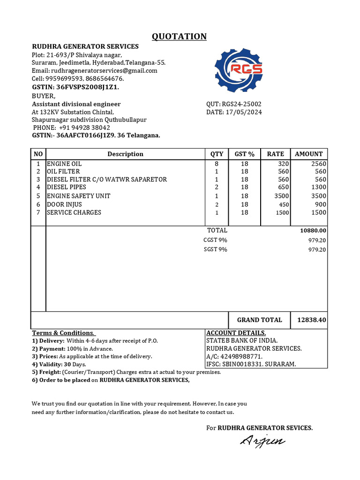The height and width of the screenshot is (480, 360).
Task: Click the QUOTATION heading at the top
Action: coord(179,37)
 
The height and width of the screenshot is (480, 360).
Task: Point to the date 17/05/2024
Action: coord(244,112)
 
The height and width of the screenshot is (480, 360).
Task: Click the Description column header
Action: coord(125,154)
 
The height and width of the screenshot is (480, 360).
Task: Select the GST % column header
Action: coord(244,154)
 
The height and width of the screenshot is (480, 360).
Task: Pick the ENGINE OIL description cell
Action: coord(64,164)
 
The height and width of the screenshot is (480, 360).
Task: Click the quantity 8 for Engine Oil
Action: coord(217,164)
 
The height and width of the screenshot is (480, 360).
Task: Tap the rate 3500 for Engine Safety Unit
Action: coord(282,196)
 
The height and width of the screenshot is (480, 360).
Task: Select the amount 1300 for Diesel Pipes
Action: coord(319,187)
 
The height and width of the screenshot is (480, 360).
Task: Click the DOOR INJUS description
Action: coord(64,204)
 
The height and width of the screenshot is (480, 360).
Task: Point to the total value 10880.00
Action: coord(313,231)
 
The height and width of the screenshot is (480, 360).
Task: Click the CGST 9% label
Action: coord(215,240)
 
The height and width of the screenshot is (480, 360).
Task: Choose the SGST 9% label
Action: coord(215,249)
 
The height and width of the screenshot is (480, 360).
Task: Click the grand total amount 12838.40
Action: coord(312,320)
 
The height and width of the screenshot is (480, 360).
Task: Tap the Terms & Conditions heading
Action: coord(63,333)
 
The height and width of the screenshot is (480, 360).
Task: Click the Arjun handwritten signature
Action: coord(262,441)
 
